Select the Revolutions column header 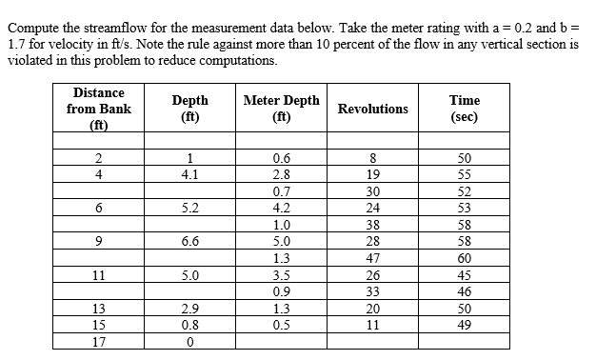(373, 109)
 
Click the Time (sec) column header (465, 109)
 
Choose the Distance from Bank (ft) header (99, 109)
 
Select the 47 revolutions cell (373, 257)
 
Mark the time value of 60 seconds (465, 257)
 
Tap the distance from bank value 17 (99, 340)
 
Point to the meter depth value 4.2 (282, 208)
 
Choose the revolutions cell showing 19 (373, 174)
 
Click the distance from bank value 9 (99, 242)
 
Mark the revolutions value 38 (373, 225)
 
